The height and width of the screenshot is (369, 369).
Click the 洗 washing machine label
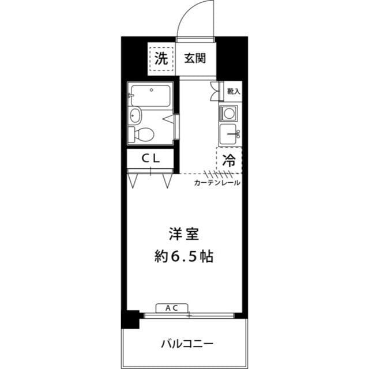click(161, 58)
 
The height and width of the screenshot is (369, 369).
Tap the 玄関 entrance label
click(195, 58)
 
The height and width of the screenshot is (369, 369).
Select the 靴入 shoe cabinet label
click(234, 91)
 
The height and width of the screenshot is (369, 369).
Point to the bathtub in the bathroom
click(150, 96)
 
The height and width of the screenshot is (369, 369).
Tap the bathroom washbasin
click(135, 115)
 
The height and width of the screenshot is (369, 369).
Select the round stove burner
click(228, 114)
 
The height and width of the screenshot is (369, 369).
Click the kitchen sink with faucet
click(229, 134)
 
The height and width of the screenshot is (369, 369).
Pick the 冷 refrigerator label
click(229, 160)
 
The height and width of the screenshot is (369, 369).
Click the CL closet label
click(150, 159)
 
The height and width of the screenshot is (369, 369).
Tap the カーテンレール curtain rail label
click(217, 183)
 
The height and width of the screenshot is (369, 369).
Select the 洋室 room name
click(184, 234)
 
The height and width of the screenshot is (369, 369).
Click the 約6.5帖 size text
click(184, 256)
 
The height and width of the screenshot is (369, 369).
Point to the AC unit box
click(172, 308)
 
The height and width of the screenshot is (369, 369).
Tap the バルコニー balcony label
click(187, 344)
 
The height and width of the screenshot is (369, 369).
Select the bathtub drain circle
click(152, 90)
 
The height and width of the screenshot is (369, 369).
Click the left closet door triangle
click(133, 180)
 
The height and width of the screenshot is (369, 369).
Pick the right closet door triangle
click(167, 180)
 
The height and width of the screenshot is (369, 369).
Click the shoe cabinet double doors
click(214, 91)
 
